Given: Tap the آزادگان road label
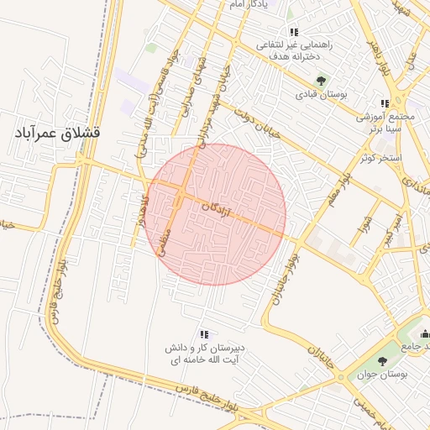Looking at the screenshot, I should point(217,208).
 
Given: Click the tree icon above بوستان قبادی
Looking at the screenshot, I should point(321,81).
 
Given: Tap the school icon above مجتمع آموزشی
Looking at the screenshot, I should point(385,104).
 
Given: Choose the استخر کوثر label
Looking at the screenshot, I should point(381,157).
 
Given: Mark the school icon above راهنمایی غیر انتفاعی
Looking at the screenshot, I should point(293,32).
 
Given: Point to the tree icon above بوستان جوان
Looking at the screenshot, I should point(382,361).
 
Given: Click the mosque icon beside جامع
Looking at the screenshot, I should point(424,333).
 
